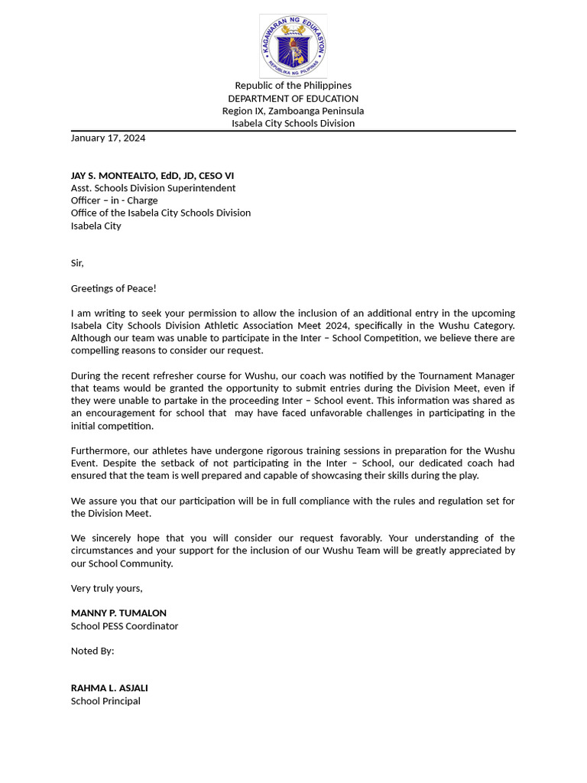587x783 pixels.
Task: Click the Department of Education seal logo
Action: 293,46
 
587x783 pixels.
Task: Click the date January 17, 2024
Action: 108,138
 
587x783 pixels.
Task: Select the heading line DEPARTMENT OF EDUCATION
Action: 293,99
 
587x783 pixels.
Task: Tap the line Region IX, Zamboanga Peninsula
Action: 293,111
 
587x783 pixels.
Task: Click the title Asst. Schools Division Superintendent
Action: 153,188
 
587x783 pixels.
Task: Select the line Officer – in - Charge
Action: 114,200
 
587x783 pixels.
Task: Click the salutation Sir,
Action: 77,263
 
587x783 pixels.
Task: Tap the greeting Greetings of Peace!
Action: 113,288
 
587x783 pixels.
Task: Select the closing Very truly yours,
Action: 107,588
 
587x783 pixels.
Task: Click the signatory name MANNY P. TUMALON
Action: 118,613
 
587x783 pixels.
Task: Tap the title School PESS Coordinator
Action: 125,625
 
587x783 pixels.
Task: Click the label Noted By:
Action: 92,651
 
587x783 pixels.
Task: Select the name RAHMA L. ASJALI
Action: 109,688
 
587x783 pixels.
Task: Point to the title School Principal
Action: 105,700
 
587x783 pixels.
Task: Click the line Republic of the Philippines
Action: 293,86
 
